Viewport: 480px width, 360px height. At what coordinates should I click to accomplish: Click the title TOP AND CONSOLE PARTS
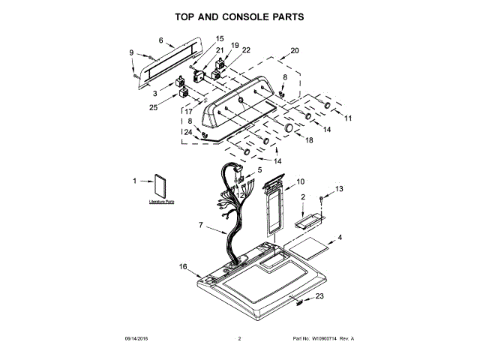[239, 16]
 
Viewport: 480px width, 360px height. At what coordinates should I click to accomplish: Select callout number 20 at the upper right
[295, 50]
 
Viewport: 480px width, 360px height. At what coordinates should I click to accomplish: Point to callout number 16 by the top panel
[183, 266]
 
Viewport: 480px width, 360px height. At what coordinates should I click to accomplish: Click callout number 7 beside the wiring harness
[201, 224]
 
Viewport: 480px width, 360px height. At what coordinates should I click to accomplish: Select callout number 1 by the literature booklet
[136, 181]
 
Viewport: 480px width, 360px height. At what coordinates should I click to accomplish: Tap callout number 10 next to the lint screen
[300, 181]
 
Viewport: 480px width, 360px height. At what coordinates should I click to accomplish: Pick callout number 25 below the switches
[154, 107]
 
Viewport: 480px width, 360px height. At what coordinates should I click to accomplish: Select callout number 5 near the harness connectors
[259, 171]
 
